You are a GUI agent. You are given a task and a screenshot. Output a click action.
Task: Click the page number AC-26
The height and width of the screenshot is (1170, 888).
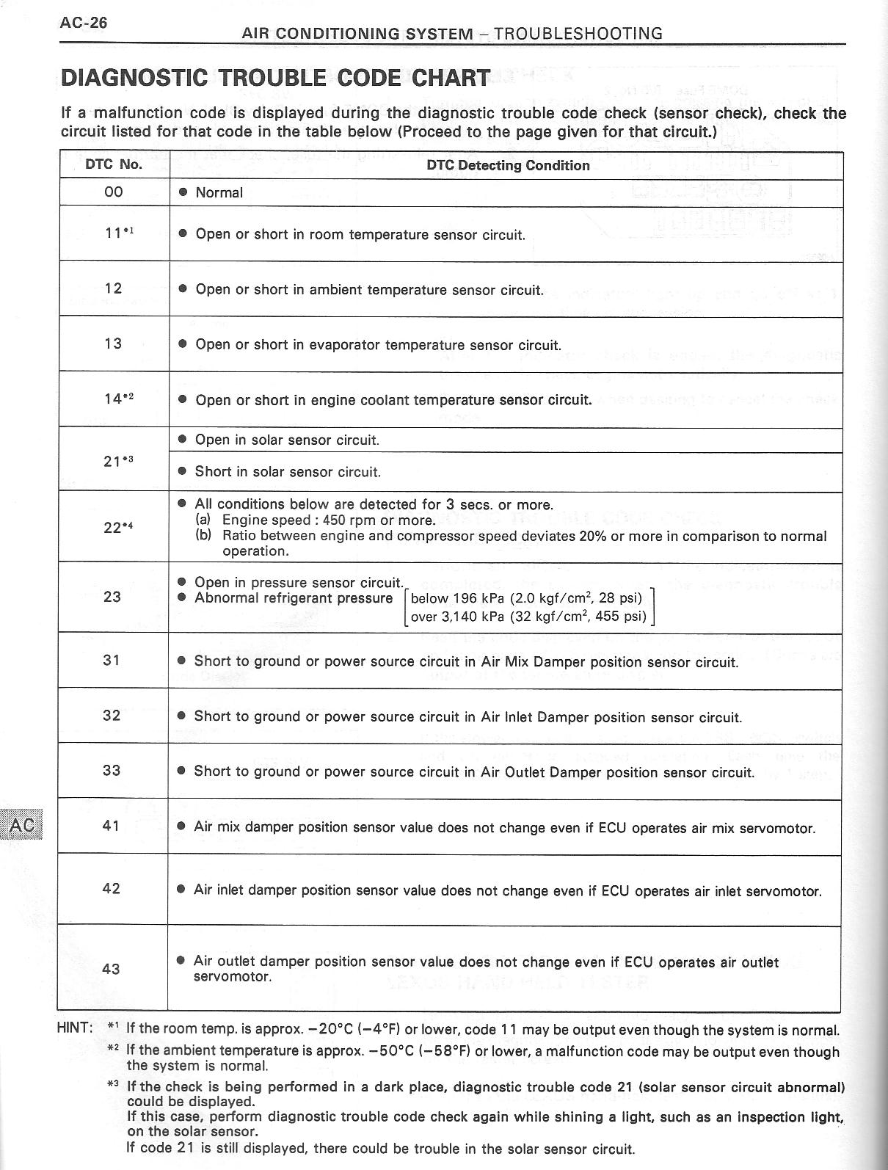pyautogui.click(x=84, y=23)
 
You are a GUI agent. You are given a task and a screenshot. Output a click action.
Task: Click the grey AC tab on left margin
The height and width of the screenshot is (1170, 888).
pyautogui.click(x=22, y=825)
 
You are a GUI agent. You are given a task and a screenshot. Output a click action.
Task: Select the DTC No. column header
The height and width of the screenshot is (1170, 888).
pyautogui.click(x=114, y=164)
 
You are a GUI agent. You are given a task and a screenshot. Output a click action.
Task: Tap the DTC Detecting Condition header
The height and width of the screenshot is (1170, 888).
pyautogui.click(x=508, y=165)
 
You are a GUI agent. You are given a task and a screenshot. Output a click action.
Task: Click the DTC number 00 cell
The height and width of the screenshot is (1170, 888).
pyautogui.click(x=114, y=192)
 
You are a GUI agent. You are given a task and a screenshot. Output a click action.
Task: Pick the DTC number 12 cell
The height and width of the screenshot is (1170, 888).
pyautogui.click(x=113, y=288)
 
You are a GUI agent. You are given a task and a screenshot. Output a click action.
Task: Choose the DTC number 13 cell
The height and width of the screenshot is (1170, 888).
pyautogui.click(x=113, y=343)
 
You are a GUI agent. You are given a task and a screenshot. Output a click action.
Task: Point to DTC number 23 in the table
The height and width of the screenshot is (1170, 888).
pyautogui.click(x=112, y=596)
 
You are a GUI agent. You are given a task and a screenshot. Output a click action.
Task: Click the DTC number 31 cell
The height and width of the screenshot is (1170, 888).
pyautogui.click(x=112, y=660)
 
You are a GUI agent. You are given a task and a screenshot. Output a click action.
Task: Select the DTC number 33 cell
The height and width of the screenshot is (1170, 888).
pyautogui.click(x=112, y=770)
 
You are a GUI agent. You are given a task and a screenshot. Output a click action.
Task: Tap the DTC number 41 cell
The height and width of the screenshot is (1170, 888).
pyautogui.click(x=112, y=826)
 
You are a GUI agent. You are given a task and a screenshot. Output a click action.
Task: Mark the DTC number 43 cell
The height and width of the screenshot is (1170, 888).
pyautogui.click(x=111, y=968)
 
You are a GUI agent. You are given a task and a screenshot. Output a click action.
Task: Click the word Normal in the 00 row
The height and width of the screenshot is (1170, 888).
pyautogui.click(x=219, y=193)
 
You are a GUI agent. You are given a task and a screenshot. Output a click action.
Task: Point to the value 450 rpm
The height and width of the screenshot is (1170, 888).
pyautogui.click(x=349, y=520)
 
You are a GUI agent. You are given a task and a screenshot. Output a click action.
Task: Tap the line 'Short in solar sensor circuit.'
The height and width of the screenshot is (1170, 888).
pyautogui.click(x=288, y=472)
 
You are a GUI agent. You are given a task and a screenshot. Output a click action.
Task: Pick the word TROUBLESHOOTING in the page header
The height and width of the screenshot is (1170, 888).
pyautogui.click(x=578, y=34)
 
